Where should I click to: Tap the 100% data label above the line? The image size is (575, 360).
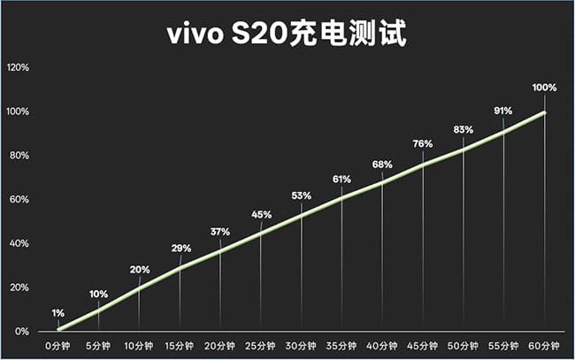click(x=545, y=88)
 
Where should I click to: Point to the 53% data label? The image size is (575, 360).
click(x=302, y=195)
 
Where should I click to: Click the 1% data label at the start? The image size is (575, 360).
click(x=57, y=312)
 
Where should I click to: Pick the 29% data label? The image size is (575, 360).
click(x=180, y=249)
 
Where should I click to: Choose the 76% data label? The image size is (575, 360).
click(x=423, y=143)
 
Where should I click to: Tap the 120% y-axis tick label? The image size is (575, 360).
click(x=19, y=67)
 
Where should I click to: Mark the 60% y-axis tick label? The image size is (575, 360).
click(x=20, y=199)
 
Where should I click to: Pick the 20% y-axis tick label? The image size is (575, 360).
click(x=20, y=287)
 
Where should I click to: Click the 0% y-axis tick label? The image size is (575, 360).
click(x=22, y=332)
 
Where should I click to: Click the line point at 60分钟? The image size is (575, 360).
click(x=545, y=112)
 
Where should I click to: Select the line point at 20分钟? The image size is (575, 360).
click(x=220, y=250)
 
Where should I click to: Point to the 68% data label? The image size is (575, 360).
click(x=382, y=164)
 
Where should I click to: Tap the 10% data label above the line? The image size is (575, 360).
click(x=98, y=294)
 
